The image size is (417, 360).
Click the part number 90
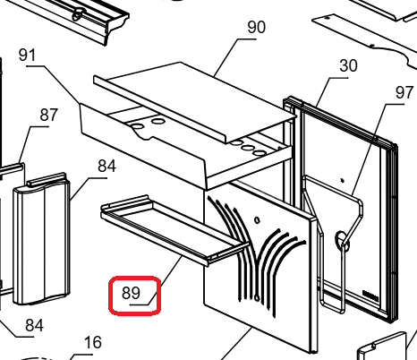256,28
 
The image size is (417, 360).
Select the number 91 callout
27,56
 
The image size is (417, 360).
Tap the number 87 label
48,115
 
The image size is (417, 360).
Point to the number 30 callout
348,65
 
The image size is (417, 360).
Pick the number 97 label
404,92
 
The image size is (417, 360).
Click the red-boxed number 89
131,293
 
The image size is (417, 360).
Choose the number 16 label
93,342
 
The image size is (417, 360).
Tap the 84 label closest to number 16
34,325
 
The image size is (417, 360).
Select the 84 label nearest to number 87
106,166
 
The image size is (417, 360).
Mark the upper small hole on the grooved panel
257,220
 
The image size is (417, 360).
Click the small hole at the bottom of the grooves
257,297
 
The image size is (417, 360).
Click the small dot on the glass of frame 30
343,180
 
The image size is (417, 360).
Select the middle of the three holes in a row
248,148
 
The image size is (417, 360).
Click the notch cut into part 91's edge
144,135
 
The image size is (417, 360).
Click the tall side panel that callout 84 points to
41,239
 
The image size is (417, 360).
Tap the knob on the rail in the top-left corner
78,13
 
